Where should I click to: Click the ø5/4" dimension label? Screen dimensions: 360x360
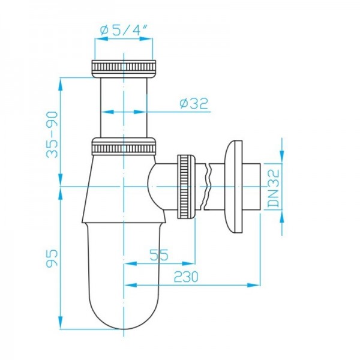click(124, 30)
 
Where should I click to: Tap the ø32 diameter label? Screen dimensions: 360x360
click(194, 103)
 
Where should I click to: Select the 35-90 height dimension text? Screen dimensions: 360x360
click(52, 134)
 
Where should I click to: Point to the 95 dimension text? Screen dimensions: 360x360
click(52, 258)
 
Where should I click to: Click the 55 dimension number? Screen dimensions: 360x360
click(159, 255)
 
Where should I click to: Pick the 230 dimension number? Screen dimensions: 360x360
click(186, 277)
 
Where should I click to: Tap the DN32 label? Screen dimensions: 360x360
click(274, 188)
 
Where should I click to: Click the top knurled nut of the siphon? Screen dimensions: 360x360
click(124, 69)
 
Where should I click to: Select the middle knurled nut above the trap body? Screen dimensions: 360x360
click(124, 146)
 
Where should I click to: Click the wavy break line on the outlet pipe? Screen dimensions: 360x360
click(207, 187)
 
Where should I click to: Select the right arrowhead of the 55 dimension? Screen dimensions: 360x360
click(188, 263)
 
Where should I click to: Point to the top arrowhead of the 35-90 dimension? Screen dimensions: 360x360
click(61, 85)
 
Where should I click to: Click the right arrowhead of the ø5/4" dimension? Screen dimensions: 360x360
click(146, 39)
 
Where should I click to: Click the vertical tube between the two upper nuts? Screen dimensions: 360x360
click(124, 107)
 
